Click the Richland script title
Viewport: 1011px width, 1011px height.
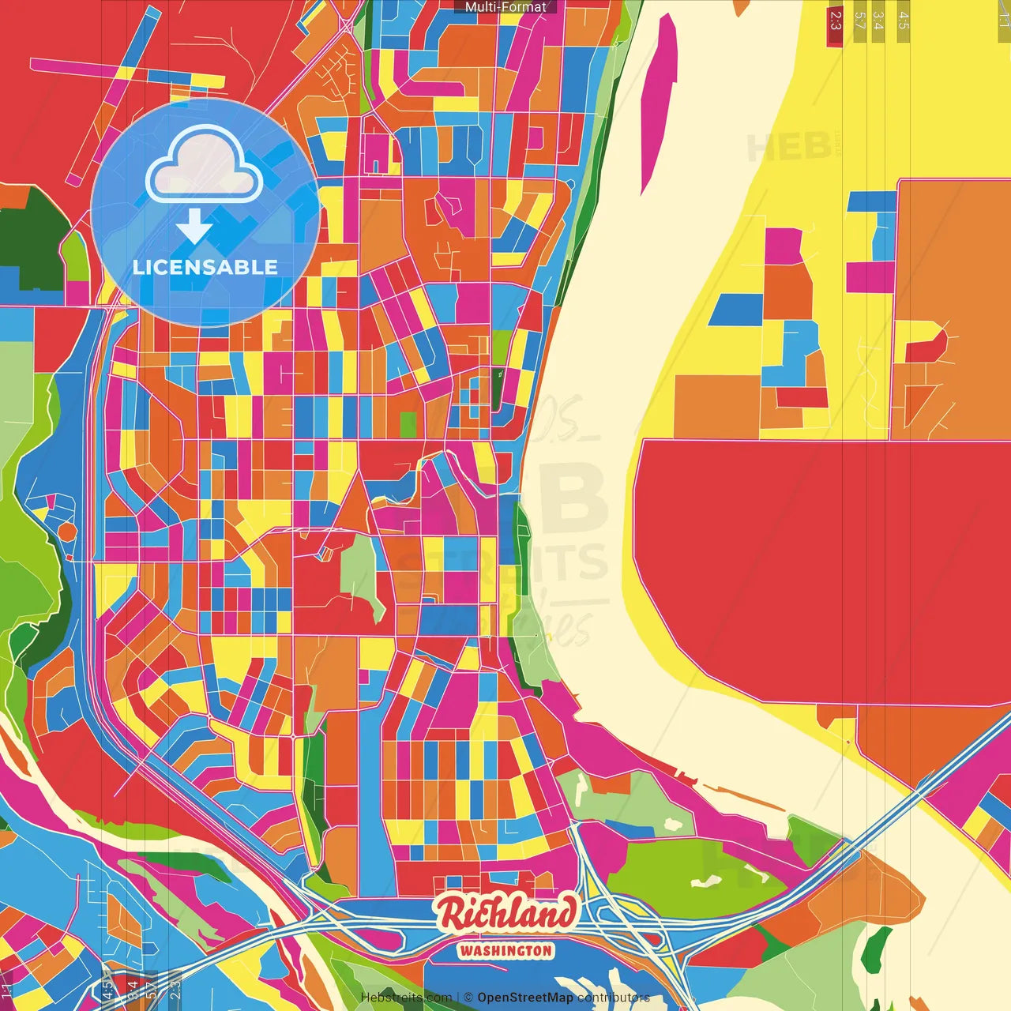pos(505,915)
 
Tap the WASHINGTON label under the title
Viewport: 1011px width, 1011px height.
pos(505,951)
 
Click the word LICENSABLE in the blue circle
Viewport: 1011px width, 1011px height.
pos(205,267)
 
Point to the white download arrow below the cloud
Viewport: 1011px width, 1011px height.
pos(194,227)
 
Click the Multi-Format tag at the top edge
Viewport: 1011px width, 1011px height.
pos(505,7)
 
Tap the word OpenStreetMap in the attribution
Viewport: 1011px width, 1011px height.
pos(524,998)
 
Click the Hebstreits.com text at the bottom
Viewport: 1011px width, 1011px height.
pos(406,998)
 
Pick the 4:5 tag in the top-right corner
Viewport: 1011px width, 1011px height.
pos(903,21)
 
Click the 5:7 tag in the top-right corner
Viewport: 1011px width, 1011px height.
pos(859,21)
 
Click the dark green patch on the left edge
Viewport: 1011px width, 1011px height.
pos(36,237)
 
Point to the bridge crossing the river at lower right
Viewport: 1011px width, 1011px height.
pos(908,798)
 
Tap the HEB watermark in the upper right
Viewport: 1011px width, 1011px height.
pos(790,147)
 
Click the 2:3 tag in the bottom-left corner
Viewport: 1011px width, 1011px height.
pos(175,988)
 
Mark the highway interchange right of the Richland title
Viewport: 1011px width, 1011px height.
pos(624,920)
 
